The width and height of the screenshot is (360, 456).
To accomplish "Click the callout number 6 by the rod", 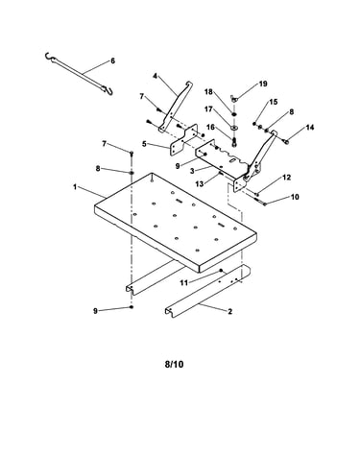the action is pyautogui.click(x=112, y=60).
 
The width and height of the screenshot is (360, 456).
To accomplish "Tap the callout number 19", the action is pyautogui.click(x=263, y=84).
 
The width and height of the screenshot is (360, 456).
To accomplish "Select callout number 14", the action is pyautogui.click(x=310, y=128).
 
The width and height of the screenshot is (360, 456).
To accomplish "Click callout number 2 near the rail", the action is pyautogui.click(x=229, y=311).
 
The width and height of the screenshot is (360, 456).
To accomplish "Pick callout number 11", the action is pyautogui.click(x=183, y=283).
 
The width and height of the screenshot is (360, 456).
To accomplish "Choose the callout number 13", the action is pyautogui.click(x=200, y=184).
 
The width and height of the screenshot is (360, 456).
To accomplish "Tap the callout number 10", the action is pyautogui.click(x=295, y=197).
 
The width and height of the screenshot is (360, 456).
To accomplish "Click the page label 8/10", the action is pyautogui.click(x=175, y=364).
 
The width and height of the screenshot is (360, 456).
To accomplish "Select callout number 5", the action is pyautogui.click(x=144, y=144).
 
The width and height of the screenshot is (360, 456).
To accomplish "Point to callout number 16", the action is pyautogui.click(x=210, y=128).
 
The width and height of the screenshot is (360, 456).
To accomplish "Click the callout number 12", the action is pyautogui.click(x=287, y=178).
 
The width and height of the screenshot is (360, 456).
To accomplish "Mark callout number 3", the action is pyautogui.click(x=192, y=171).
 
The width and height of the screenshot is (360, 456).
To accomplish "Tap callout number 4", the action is pyautogui.click(x=155, y=76).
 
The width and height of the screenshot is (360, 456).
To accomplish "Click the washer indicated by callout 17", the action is pyautogui.click(x=234, y=128).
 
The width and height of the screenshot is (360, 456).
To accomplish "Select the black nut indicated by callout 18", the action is pyautogui.click(x=234, y=114).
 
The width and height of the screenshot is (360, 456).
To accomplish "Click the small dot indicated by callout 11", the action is pyautogui.click(x=221, y=271).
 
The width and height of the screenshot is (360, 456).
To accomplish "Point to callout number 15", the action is pyautogui.click(x=274, y=102).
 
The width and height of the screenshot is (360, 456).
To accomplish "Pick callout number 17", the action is pyautogui.click(x=208, y=109).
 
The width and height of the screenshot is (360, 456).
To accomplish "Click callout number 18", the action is pyautogui.click(x=208, y=92).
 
